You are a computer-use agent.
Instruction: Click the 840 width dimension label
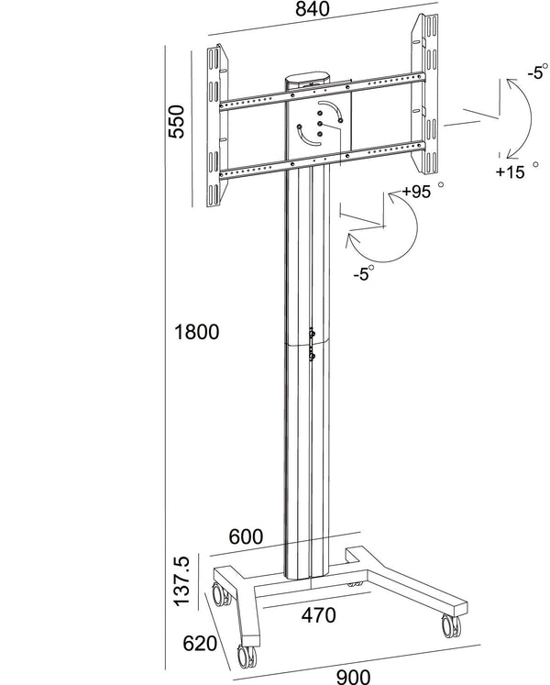pyautogui.click(x=313, y=11)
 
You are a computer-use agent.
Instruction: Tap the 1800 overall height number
pyautogui.click(x=196, y=332)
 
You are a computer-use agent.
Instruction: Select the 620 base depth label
pyautogui.click(x=201, y=645)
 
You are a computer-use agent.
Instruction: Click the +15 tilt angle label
pyautogui.click(x=510, y=171)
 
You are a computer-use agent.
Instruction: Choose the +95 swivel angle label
pyautogui.click(x=417, y=193)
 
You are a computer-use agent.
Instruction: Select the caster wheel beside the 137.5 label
pyautogui.click(x=222, y=595)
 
